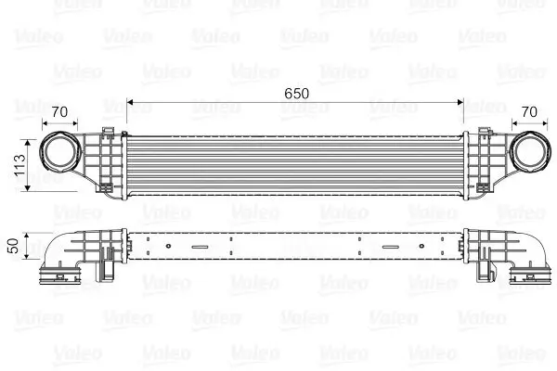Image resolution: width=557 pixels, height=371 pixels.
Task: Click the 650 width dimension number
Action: pyautogui.click(x=295, y=94)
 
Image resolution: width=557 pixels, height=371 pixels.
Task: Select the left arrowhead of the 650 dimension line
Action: pyautogui.click(x=131, y=101)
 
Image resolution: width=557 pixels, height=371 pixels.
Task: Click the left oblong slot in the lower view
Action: pyautogui.click(x=200, y=247)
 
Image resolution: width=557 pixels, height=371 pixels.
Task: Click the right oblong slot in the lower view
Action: pyautogui.click(x=389, y=247)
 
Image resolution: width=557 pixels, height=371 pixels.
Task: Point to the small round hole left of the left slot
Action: pyautogui.click(x=167, y=247)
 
